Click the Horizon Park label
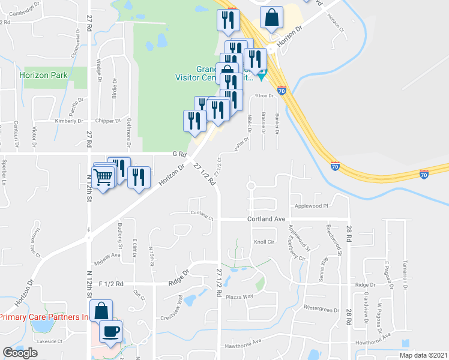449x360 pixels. click(x=43, y=75)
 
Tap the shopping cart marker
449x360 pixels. click(x=103, y=176)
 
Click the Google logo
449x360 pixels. click(x=20, y=353)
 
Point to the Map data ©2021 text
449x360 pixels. click(x=423, y=355)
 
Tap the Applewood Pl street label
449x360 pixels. click(x=312, y=206)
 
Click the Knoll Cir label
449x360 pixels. click(x=264, y=242)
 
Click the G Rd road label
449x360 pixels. click(x=178, y=154)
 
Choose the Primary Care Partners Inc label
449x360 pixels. click(x=44, y=317)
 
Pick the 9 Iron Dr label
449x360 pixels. click(x=264, y=95)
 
